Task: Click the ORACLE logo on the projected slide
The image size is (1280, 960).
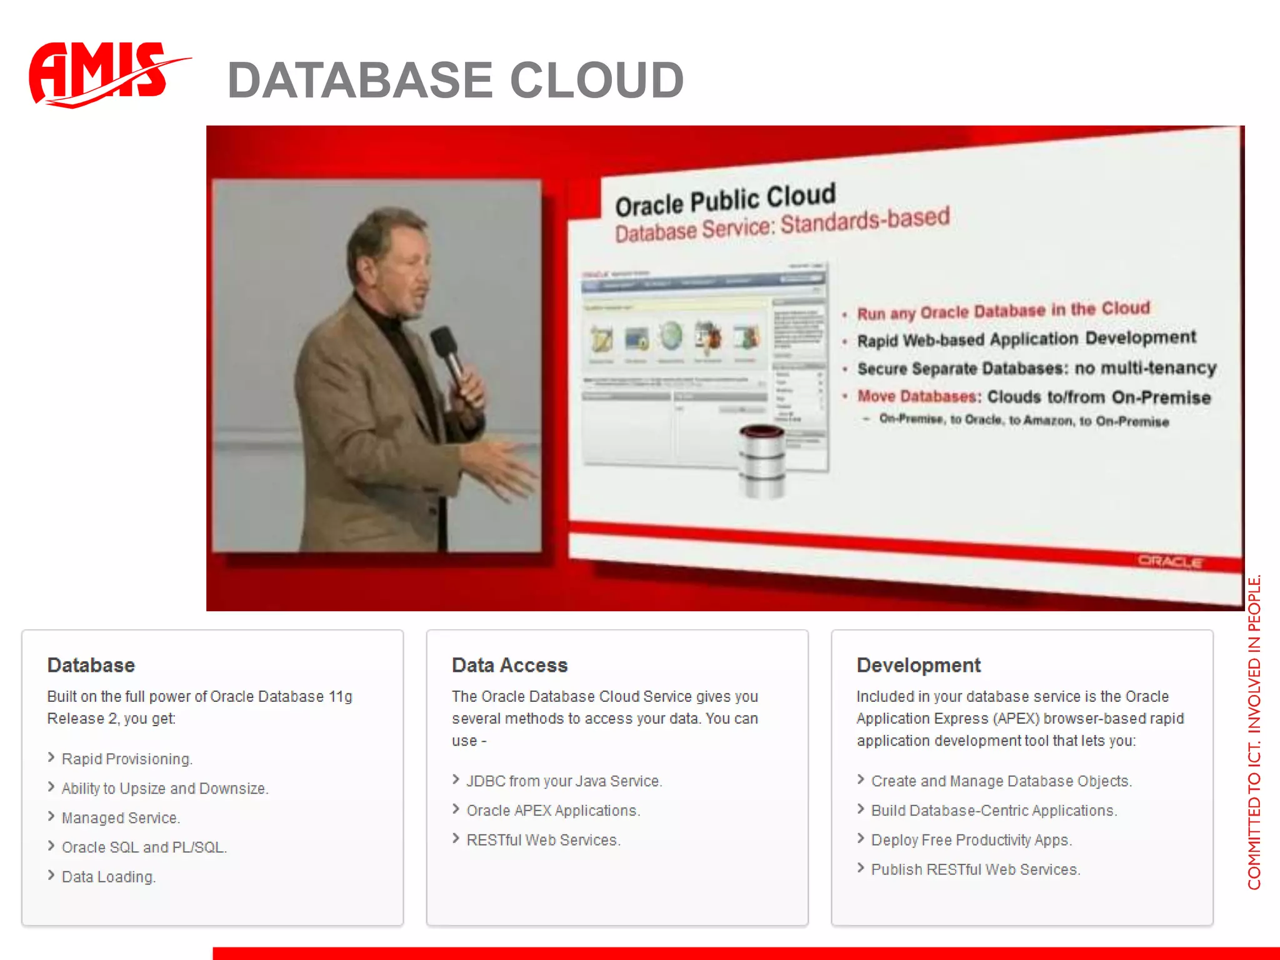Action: [x=1169, y=561]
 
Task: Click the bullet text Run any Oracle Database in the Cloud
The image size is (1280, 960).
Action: [x=1003, y=311]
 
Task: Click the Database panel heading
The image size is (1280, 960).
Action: [x=91, y=665]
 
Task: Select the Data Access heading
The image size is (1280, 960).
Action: [x=509, y=665]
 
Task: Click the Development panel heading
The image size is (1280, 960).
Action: [x=918, y=665]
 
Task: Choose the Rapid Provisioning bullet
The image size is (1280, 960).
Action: [x=127, y=759]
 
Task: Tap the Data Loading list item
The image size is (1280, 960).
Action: [x=108, y=877]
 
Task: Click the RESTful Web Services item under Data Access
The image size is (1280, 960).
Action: [x=543, y=840]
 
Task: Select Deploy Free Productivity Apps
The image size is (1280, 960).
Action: [x=971, y=840]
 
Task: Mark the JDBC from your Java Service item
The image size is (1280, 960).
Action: [x=564, y=781]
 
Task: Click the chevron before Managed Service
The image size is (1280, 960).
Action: [x=51, y=816]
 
